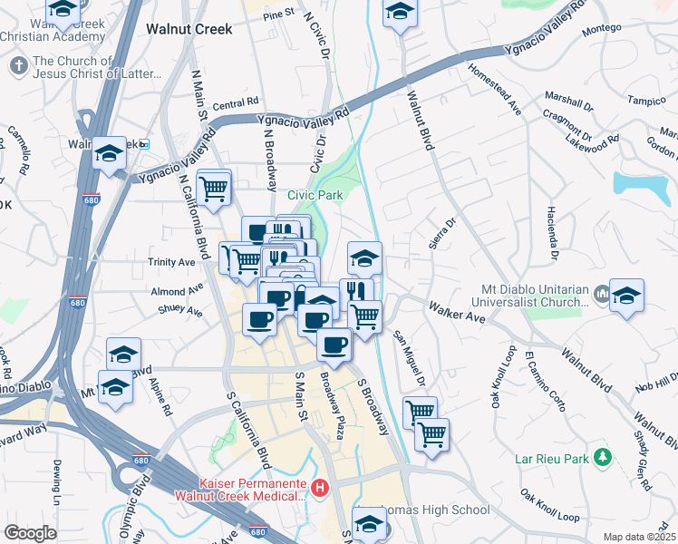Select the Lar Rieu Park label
point(552,460)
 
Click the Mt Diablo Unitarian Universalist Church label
point(531,297)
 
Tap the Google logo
point(30,533)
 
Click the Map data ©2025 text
point(638,537)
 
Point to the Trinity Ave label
point(172,262)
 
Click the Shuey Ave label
point(180,310)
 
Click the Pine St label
point(279,15)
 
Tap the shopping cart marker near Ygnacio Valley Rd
point(213,189)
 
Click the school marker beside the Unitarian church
point(626,296)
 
